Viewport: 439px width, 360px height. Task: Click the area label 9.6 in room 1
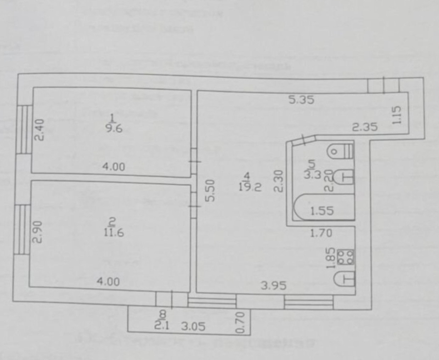[114, 128]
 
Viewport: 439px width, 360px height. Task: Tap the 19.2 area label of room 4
[250, 187]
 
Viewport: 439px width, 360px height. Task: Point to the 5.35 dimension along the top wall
[301, 100]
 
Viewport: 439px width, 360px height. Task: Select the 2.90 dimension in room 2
[38, 232]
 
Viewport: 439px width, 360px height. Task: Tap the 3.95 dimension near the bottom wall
[274, 285]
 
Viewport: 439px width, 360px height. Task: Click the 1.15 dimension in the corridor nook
[397, 115]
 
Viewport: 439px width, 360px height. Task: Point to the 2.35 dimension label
[365, 126]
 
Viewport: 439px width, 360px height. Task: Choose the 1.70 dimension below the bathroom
[321, 233]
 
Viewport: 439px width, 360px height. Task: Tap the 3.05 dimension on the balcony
[193, 326]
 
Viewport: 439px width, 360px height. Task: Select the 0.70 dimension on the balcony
[240, 322]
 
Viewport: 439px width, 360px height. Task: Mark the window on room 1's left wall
[24, 130]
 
